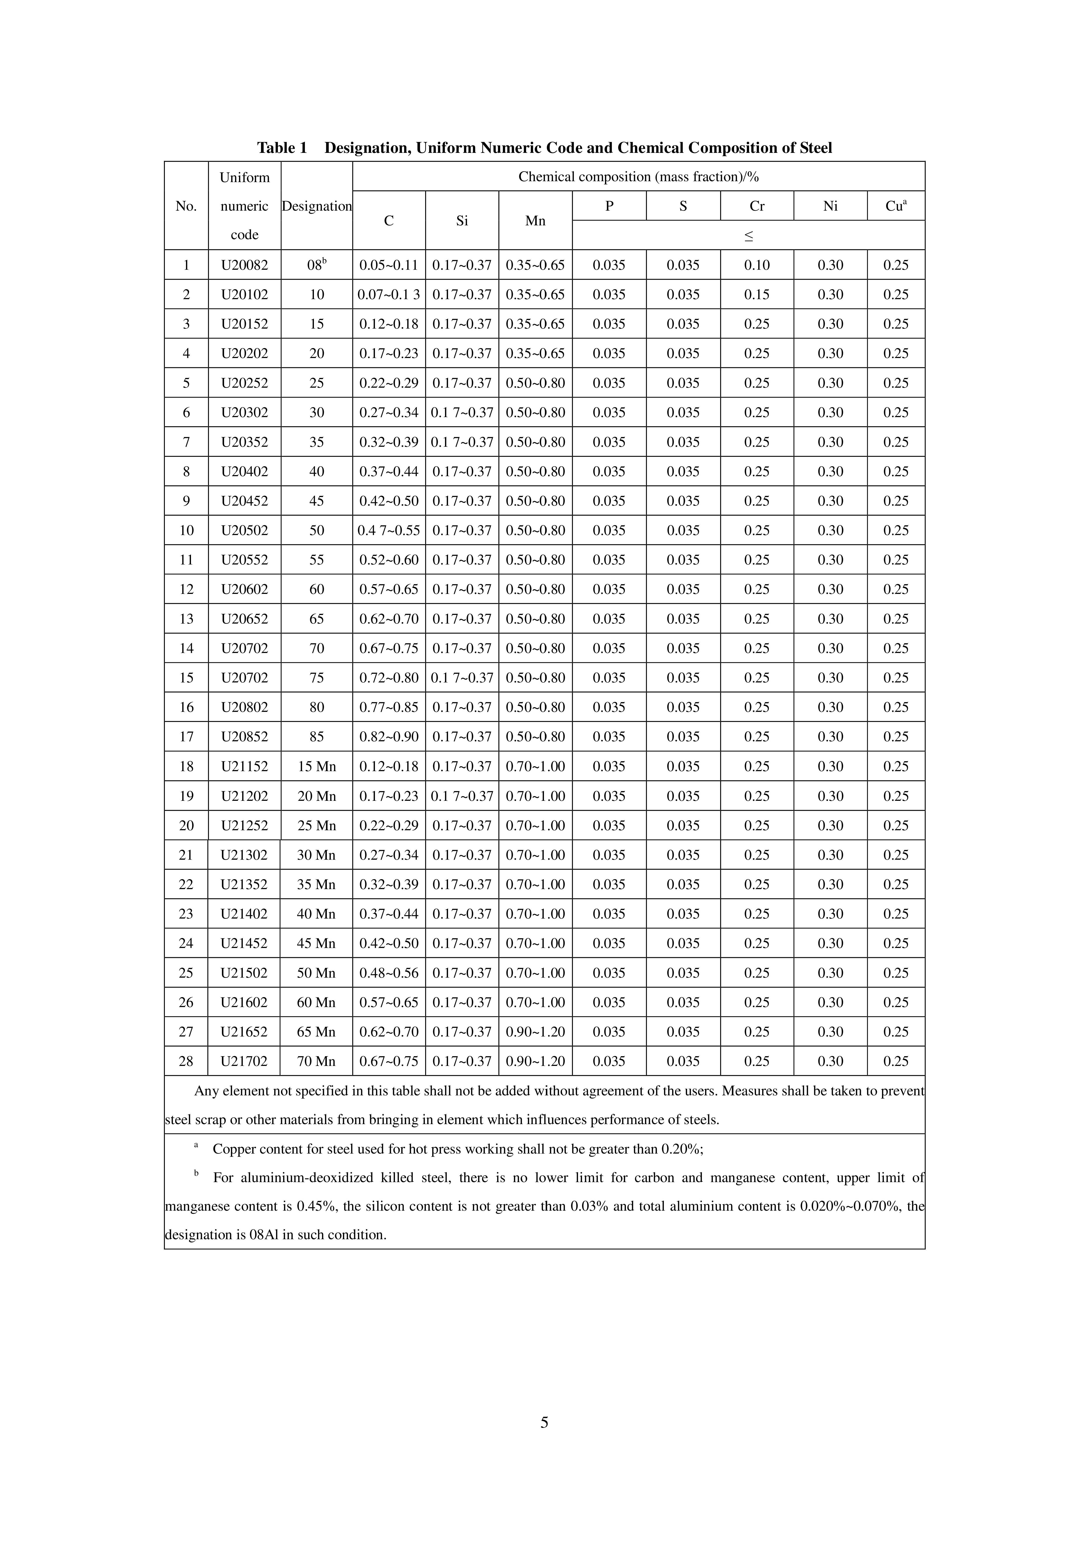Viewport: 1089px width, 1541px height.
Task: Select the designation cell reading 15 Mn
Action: (x=317, y=767)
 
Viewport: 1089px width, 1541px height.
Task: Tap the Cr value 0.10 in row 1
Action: (x=757, y=265)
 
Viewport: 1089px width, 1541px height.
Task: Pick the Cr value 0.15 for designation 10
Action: (x=757, y=295)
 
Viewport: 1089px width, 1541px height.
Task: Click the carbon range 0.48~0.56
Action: (x=389, y=973)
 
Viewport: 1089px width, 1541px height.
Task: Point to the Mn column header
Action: (x=535, y=221)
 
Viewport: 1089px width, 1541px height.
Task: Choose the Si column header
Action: (x=462, y=221)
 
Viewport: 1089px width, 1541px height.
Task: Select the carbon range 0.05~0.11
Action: (x=389, y=265)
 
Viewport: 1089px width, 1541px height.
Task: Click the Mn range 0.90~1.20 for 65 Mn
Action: (x=535, y=1032)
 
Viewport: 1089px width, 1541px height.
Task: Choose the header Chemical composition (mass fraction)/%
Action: (x=638, y=177)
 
